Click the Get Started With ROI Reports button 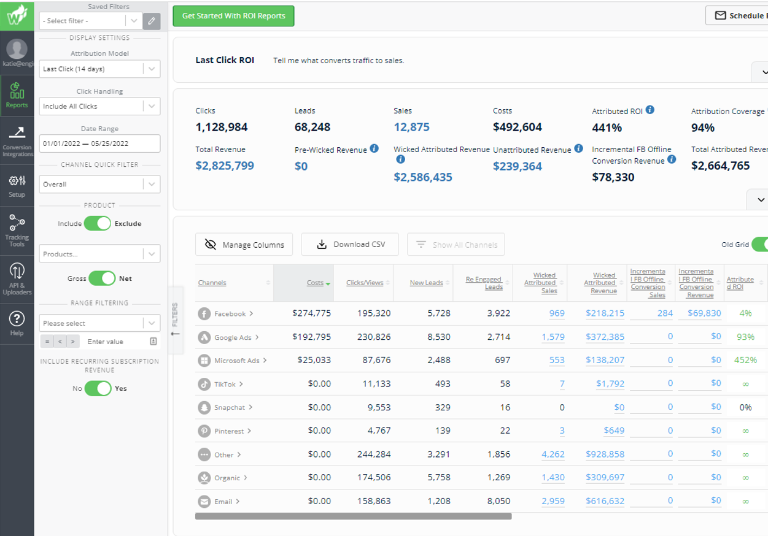233,16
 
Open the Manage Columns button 244,245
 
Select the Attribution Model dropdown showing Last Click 99,69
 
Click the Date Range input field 99,144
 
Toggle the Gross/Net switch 102,278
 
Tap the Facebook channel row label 230,314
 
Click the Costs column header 315,283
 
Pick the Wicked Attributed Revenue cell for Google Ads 605,337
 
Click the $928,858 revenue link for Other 605,454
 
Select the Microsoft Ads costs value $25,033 314,360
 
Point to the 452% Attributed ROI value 745,360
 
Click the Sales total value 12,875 411,128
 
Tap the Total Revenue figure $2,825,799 225,166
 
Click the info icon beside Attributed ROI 650,110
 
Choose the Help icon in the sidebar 17,323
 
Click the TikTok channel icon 204,385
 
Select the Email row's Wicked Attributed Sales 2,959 553,501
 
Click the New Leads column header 426,283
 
